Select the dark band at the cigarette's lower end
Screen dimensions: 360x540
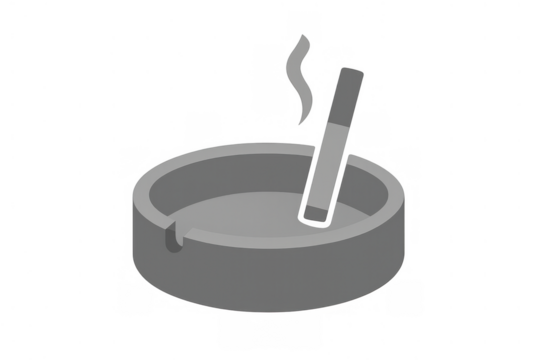pyautogui.click(x=317, y=211)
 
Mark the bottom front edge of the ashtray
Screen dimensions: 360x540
pyautogui.click(x=270, y=311)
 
